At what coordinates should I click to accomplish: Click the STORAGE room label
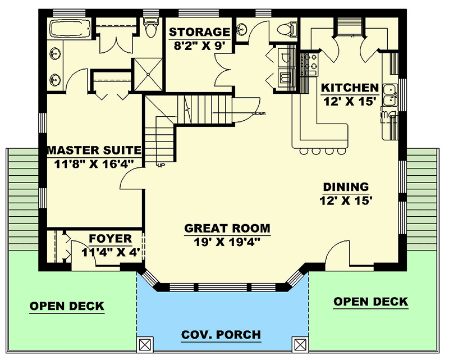200,32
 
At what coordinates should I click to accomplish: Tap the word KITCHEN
349,88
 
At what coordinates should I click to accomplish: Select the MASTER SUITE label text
93,151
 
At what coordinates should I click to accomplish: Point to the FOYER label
110,238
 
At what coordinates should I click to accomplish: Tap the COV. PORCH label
221,335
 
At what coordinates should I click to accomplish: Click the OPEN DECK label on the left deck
67,306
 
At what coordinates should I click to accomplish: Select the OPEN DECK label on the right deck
371,302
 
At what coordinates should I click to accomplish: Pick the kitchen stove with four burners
308,63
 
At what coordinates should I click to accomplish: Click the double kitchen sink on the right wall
389,95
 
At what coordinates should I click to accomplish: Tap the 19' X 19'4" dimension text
227,242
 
